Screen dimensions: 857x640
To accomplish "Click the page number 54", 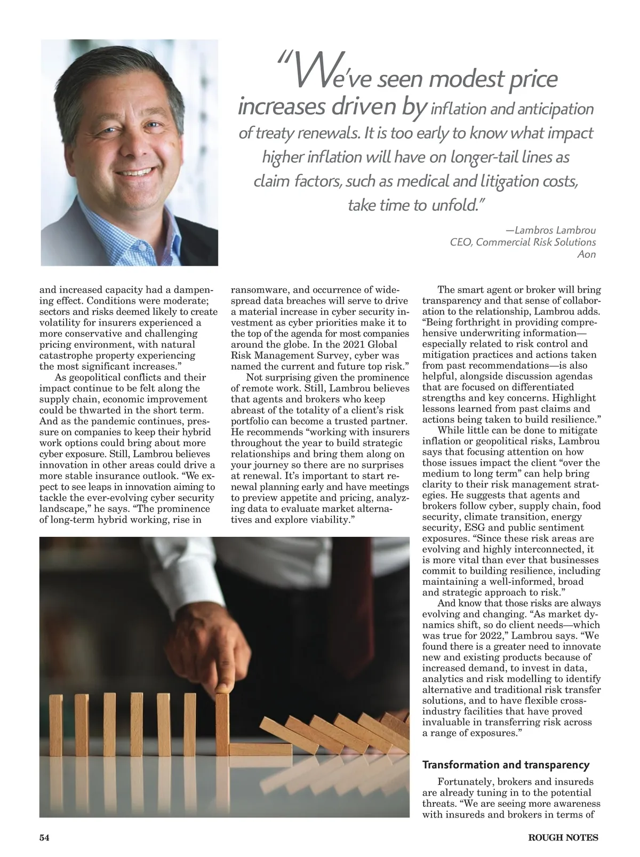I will coord(44,837).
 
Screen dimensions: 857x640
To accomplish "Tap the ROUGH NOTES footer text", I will coord(563,837).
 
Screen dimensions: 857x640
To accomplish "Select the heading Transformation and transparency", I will coord(506,765).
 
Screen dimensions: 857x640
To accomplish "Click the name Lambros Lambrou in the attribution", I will coord(550,231).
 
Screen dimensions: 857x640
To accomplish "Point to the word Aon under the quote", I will coord(587,254).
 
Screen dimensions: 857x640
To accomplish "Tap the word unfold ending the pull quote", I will coord(452,205).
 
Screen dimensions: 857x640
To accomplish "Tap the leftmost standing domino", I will coord(55,725).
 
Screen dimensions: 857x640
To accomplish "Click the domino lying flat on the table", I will coord(260,749).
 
